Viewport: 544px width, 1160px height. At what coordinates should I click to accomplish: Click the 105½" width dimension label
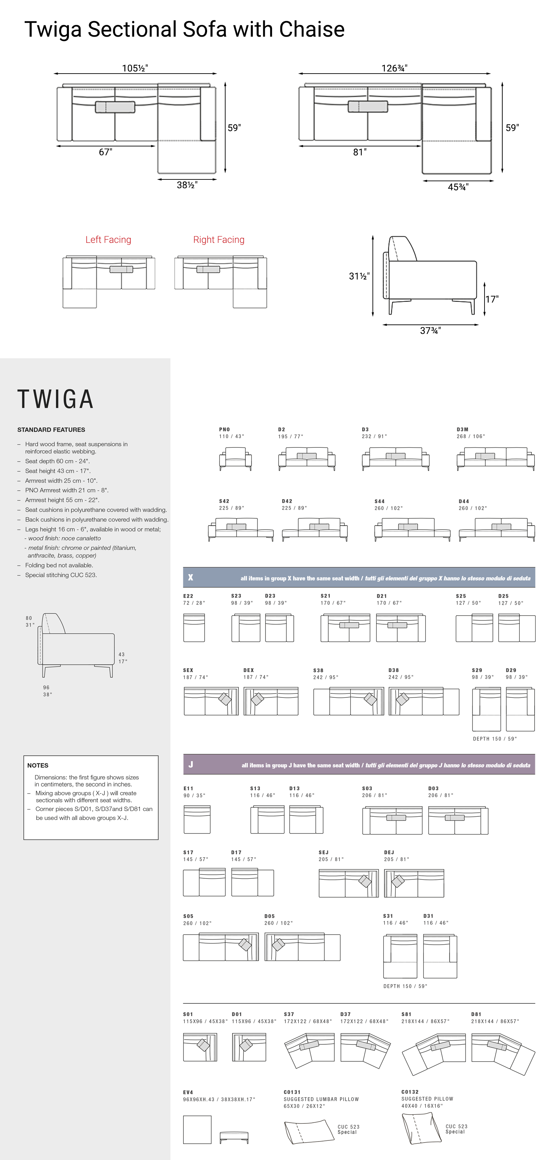pos(135,68)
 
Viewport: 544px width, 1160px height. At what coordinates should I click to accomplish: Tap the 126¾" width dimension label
pos(394,68)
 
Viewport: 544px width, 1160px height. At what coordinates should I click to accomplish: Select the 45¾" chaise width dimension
pos(458,187)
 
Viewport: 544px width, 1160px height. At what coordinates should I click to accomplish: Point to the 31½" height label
pos(359,276)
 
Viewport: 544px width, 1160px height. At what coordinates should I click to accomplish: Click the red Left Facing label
pos(108,240)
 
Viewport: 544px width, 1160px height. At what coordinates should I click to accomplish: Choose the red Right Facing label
pos(218,240)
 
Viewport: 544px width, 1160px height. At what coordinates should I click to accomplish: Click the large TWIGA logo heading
pos(55,399)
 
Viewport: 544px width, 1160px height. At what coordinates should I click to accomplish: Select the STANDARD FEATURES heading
pos(51,430)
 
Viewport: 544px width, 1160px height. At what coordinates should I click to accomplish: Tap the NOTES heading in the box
pos(38,765)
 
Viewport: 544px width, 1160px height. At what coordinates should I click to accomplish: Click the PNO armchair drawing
pos(235,459)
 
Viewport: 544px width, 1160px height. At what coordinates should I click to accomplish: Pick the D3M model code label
pos(462,430)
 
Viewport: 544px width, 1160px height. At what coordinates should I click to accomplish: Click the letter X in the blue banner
pos(190,577)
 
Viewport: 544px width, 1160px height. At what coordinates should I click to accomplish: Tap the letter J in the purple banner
pos(190,764)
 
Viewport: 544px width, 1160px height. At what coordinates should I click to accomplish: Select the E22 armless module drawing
pos(194,627)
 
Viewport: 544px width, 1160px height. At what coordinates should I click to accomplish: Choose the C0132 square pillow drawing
pos(421,1128)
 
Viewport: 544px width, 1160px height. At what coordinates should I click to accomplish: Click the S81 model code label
pos(406,1015)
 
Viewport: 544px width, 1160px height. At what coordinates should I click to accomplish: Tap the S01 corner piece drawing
pos(200,1047)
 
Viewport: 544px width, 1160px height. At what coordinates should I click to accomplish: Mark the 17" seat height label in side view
pos(492,299)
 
